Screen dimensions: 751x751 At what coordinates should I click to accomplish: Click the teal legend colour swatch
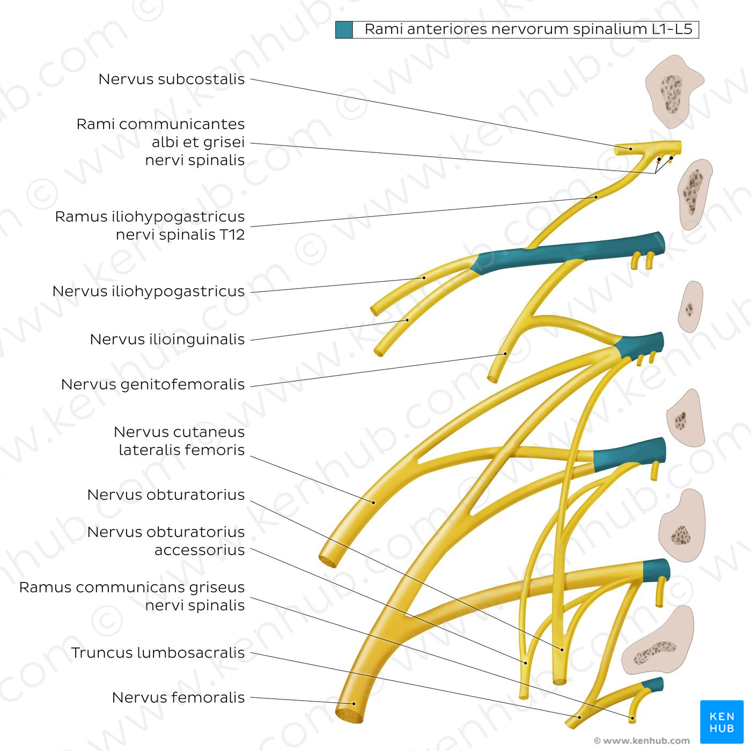(344, 30)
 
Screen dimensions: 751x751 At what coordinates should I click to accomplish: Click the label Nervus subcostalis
(171, 79)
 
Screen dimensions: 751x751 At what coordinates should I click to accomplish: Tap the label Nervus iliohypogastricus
(149, 291)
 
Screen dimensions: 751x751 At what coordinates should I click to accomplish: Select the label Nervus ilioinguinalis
(167, 340)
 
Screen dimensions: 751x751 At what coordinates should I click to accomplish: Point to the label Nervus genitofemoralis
(152, 385)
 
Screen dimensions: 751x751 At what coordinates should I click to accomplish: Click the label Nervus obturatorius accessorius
(166, 541)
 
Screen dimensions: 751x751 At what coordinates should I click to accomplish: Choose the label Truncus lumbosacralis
(158, 653)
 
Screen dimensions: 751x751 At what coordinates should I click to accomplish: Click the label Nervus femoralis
(178, 698)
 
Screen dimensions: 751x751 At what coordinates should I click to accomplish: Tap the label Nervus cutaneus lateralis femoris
(179, 441)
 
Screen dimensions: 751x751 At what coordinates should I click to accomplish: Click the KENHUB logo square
(721, 721)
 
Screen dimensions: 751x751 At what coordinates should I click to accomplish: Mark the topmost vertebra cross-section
(673, 91)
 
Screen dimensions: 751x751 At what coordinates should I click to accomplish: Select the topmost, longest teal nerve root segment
(569, 252)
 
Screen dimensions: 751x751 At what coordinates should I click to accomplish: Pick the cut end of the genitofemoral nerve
(492, 379)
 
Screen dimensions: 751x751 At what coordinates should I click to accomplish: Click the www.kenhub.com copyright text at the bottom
(642, 741)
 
